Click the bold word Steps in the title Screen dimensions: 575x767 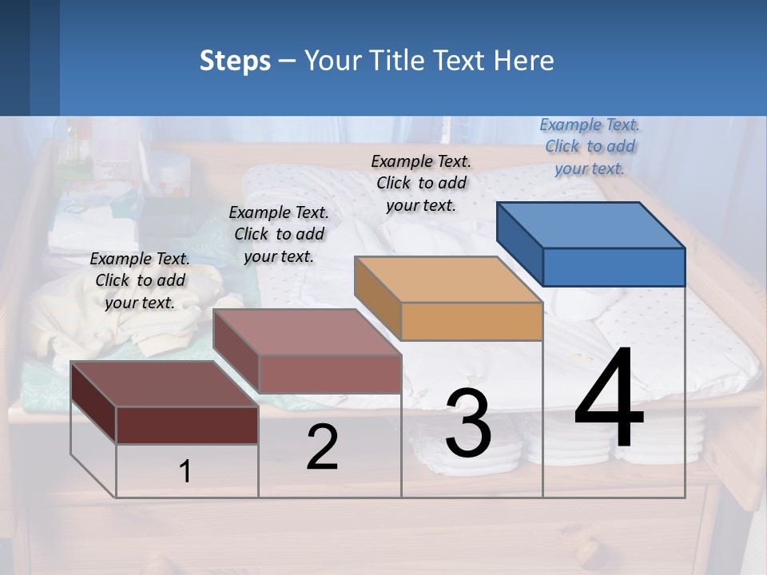click(235, 61)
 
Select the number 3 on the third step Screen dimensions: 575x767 click(468, 423)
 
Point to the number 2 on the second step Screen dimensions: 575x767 click(322, 447)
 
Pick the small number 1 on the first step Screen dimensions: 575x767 click(185, 471)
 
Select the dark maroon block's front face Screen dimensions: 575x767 click(187, 425)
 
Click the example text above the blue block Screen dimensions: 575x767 click(590, 146)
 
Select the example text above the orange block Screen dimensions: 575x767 click(421, 183)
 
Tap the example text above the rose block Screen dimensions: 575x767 click(279, 234)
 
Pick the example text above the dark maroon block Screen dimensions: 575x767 click(140, 280)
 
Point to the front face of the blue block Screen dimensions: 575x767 click(614, 267)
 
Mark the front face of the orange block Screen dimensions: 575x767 click(471, 322)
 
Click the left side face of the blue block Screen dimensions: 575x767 click(519, 243)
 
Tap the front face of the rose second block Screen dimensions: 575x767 click(330, 374)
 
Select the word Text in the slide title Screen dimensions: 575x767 click(459, 61)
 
